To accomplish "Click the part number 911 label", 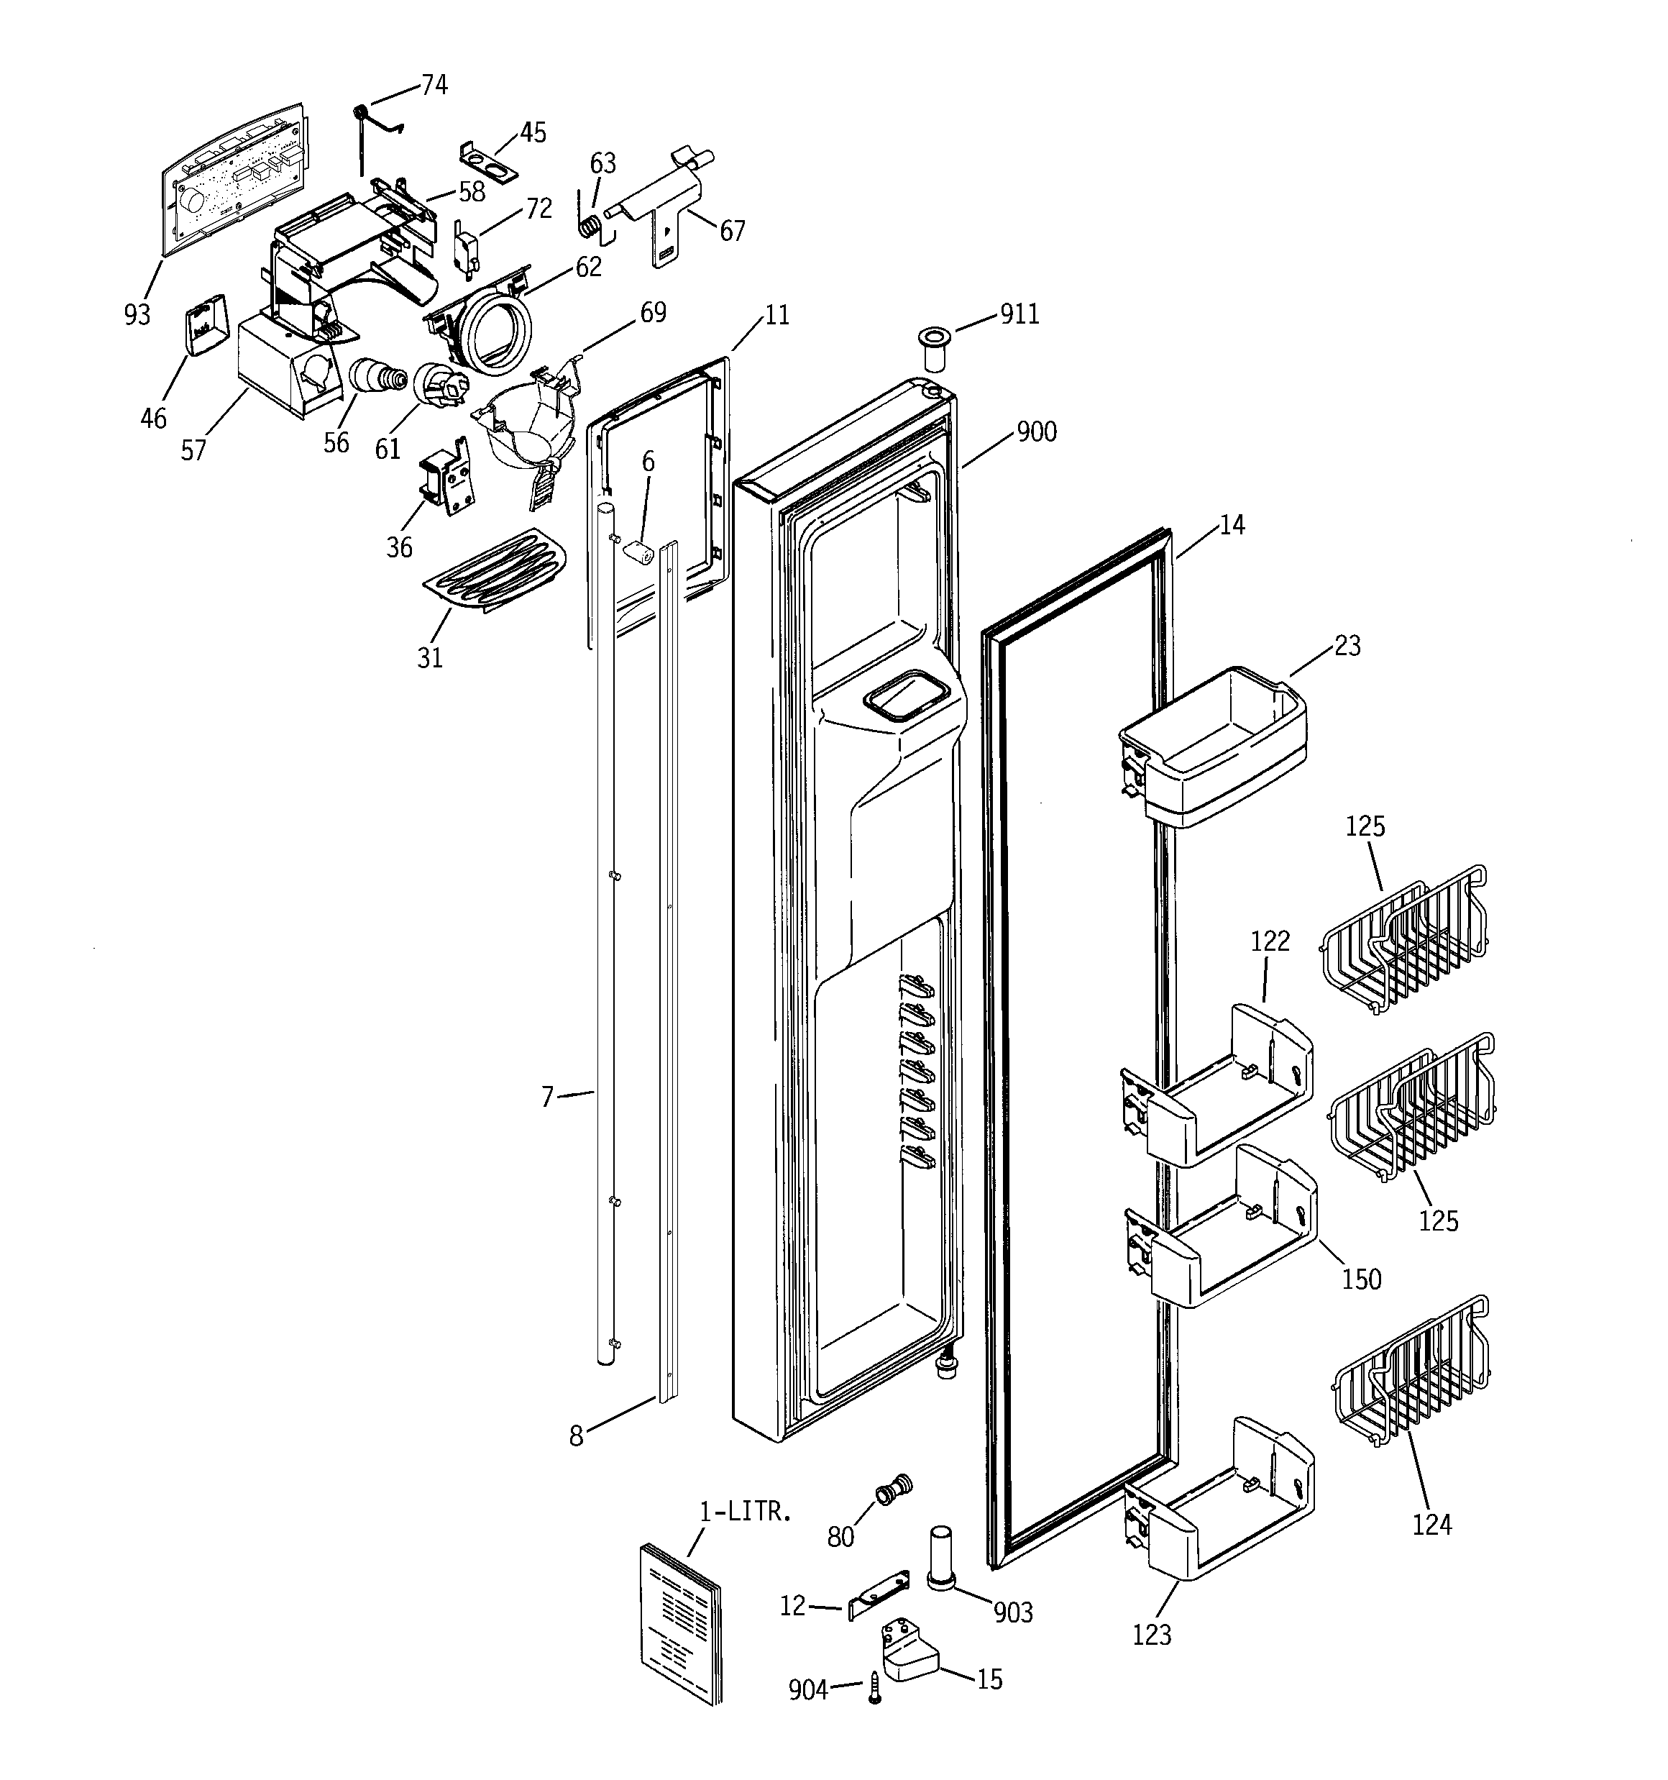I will (x=1019, y=314).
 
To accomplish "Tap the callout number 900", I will (x=1036, y=432).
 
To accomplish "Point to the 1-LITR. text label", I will (x=745, y=1512).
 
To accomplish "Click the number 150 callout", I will (x=1361, y=1279).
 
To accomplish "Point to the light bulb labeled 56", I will (x=372, y=375).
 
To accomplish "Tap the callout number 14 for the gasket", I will (x=1232, y=525).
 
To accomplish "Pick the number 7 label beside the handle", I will (x=547, y=1097).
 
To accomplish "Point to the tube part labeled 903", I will (x=940, y=1558).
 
